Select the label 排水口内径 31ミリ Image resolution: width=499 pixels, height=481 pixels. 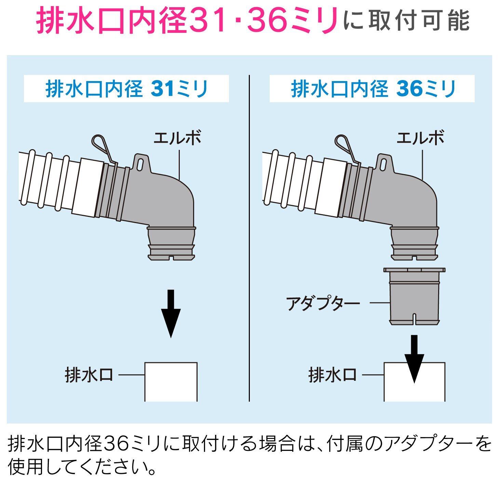127,89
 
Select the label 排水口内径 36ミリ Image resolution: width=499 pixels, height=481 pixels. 373,89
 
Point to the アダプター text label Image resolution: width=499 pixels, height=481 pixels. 323,303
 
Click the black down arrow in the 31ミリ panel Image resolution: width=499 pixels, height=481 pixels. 171,313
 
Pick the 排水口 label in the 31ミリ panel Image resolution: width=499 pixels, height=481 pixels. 89,375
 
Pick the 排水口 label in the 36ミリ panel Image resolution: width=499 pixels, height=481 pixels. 332,375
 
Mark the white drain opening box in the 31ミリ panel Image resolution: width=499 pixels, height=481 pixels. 171,382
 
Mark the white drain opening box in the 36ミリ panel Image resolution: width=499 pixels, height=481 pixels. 414,382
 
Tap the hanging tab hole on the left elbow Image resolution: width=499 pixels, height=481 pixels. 140,165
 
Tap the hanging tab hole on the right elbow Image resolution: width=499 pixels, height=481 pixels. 383,165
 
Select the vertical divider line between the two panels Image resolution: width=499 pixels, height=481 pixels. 249,238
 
